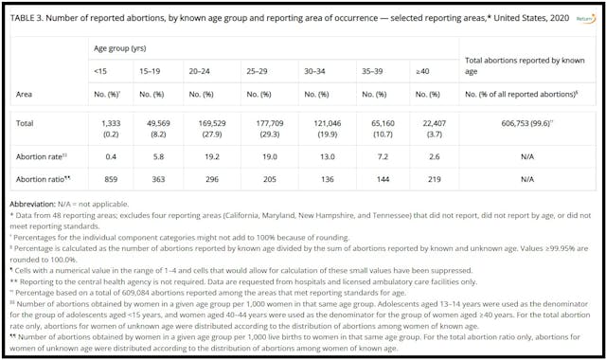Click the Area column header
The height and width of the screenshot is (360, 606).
point(25,95)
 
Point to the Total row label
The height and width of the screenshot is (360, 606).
point(26,122)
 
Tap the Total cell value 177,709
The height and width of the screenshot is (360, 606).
point(254,123)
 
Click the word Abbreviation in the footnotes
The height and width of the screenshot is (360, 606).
point(36,205)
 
